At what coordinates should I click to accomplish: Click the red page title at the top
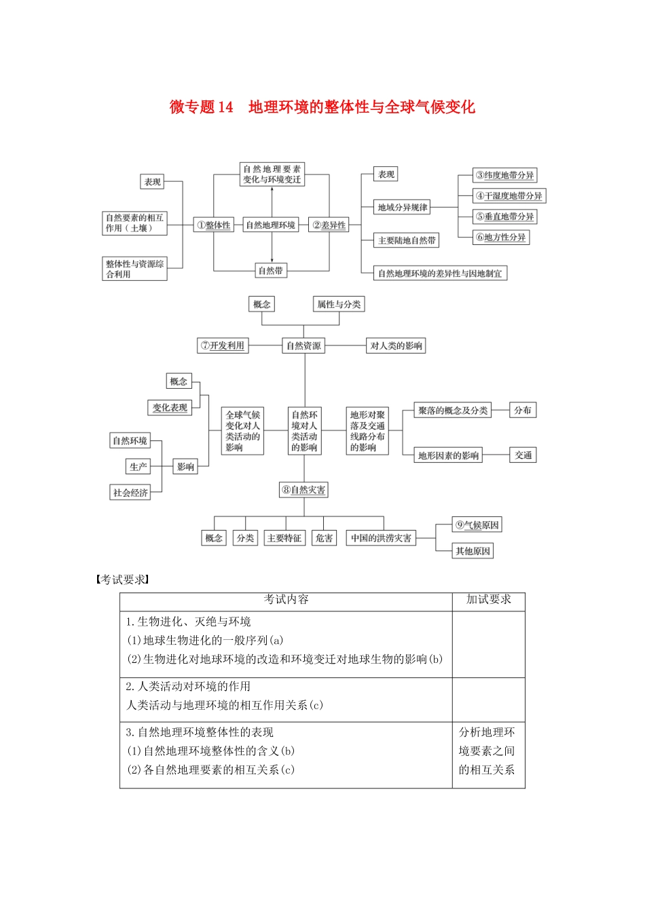click(322, 107)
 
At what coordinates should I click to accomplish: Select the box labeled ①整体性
click(214, 225)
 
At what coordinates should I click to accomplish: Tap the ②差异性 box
click(329, 225)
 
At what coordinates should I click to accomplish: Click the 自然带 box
click(271, 271)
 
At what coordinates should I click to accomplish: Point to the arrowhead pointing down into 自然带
click(272, 260)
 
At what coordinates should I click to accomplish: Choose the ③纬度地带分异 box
click(505, 175)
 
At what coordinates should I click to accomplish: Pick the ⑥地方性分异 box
click(501, 237)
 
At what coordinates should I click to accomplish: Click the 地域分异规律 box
click(403, 207)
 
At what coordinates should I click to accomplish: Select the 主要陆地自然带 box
click(407, 240)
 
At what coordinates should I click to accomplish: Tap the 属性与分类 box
click(339, 304)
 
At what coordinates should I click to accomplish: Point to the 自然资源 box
click(303, 345)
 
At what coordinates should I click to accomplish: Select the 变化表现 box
click(170, 407)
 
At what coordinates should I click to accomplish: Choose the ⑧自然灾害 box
click(303, 490)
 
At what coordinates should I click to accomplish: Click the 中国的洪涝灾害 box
click(381, 538)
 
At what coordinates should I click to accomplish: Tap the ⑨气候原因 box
click(477, 525)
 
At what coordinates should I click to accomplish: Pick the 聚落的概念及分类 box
click(453, 411)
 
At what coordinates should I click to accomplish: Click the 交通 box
click(523, 455)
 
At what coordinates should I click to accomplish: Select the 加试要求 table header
click(488, 600)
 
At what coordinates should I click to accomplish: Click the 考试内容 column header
click(286, 600)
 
